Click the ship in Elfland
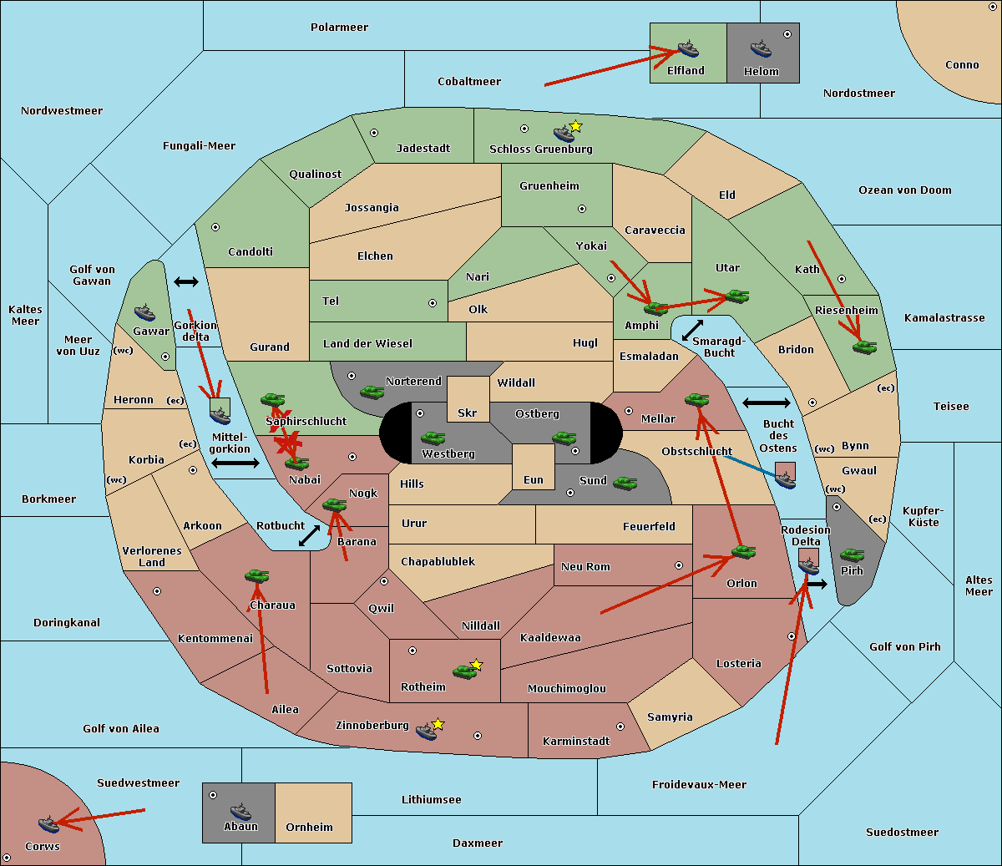[x=688, y=48]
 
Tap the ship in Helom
[x=761, y=48]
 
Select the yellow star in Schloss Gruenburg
[x=575, y=127]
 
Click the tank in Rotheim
[x=464, y=671]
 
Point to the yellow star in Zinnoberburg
[x=438, y=724]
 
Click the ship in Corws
[x=48, y=824]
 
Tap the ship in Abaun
[x=240, y=811]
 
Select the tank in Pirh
[x=852, y=555]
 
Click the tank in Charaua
[x=257, y=575]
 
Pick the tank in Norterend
[x=372, y=392]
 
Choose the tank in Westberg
[x=433, y=438]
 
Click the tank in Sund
[x=625, y=483]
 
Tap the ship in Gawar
[x=144, y=312]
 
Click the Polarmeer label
[x=339, y=28]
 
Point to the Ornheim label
[x=309, y=827]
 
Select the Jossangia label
[x=372, y=208]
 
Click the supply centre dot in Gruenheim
[x=582, y=209]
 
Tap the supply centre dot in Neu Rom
[x=679, y=565]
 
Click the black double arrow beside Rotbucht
[x=309, y=535]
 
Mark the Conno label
[x=962, y=65]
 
